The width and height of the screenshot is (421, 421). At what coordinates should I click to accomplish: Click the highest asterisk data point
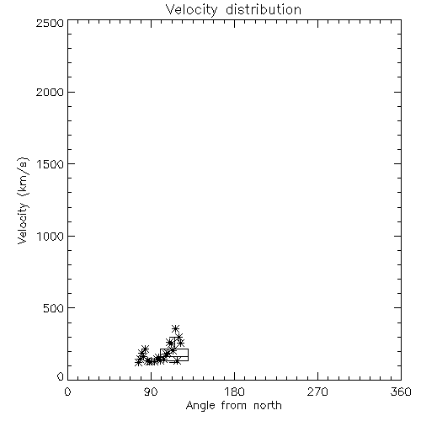[175, 328]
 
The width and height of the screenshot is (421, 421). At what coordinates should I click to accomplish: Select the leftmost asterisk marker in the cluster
[138, 362]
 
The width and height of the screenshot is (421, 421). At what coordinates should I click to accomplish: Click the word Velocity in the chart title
[192, 10]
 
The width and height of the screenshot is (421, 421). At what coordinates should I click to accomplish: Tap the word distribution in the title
[264, 9]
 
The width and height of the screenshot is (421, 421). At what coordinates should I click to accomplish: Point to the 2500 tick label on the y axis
[50, 23]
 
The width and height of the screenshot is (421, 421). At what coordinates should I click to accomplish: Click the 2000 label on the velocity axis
[50, 92]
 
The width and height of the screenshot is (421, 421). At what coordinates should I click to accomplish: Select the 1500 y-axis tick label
[51, 164]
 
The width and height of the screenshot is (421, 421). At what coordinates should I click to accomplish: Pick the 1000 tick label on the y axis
[51, 236]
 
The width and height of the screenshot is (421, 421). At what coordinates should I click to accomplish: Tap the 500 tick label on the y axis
[53, 308]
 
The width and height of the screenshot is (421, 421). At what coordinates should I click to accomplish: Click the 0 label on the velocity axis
[61, 376]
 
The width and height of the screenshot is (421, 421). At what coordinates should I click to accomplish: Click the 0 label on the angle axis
[67, 392]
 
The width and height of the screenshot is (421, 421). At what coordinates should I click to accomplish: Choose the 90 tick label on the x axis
[151, 392]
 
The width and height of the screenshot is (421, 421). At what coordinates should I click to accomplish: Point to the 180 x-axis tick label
[234, 392]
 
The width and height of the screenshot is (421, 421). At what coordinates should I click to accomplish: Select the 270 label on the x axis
[317, 392]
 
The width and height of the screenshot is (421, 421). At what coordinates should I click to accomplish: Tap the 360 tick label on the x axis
[401, 392]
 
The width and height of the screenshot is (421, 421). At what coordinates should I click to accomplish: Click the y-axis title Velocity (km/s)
[23, 200]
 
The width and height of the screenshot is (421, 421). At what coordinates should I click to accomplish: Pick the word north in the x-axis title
[268, 406]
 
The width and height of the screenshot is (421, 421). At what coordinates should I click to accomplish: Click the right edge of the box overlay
[188, 354]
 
